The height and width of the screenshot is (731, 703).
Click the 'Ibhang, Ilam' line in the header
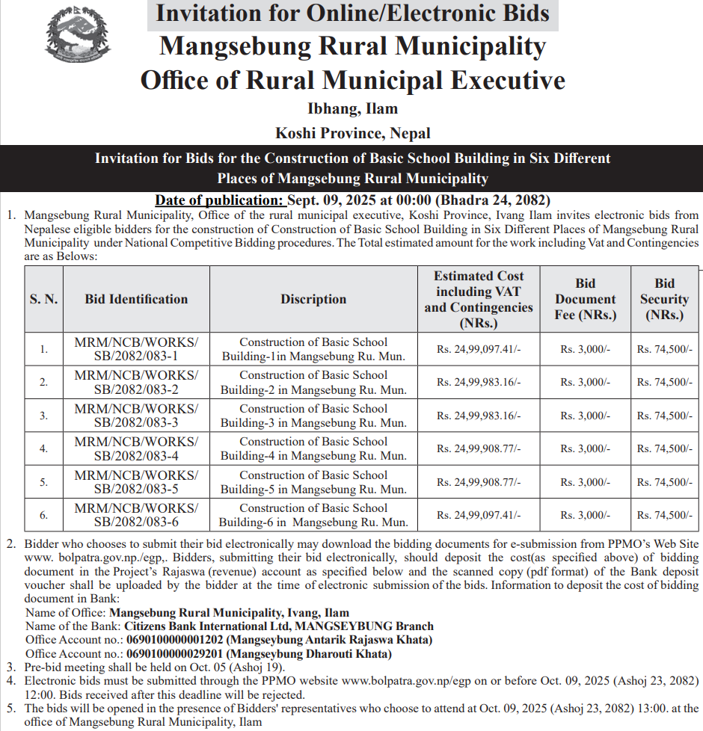coord(352,109)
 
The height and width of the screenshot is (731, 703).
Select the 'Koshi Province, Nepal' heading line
coord(352,134)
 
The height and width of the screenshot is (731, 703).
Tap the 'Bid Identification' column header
coord(136,299)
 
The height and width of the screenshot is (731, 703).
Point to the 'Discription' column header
coord(313,299)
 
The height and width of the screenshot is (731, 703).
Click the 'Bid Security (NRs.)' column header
coord(664,299)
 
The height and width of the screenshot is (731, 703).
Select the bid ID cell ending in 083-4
coord(136,448)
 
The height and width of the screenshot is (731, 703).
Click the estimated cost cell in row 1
coord(479,349)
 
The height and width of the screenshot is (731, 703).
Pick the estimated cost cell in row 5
coord(479,482)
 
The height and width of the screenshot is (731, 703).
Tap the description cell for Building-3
coord(313,416)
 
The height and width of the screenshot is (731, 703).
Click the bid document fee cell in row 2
coord(585,382)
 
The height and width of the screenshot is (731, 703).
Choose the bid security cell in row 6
coord(664,515)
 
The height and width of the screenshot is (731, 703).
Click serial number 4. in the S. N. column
coord(44,448)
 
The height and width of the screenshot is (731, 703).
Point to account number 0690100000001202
coord(175,640)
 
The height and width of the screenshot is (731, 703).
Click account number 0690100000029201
coord(175,654)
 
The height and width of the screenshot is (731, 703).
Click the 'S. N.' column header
coord(44,299)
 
